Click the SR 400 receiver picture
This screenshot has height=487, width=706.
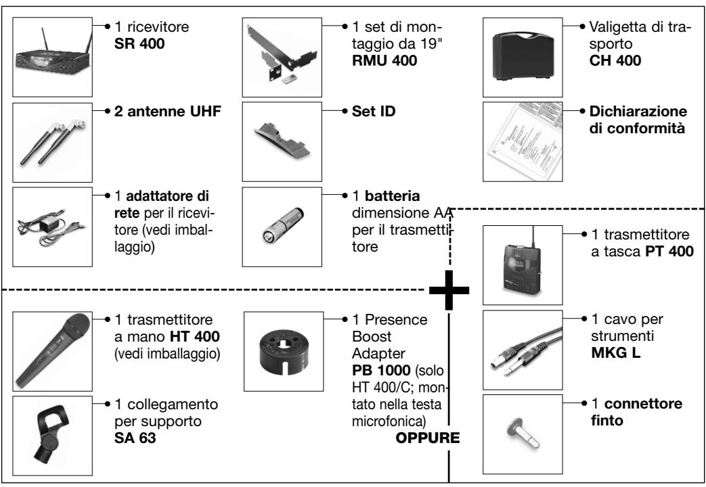[53, 57]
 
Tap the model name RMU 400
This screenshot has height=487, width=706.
[384, 60]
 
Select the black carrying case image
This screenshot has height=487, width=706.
[523, 57]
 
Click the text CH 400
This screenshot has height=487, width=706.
[615, 60]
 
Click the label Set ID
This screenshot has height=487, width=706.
[374, 111]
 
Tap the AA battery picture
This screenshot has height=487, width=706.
[283, 225]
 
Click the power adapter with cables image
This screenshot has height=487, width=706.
[49, 227]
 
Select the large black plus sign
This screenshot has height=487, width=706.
[449, 290]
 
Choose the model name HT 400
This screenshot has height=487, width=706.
[194, 336]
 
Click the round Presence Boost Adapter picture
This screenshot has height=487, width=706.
[283, 350]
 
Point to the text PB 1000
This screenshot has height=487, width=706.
[381, 371]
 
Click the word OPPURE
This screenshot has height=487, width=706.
[428, 438]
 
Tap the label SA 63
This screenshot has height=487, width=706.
[135, 438]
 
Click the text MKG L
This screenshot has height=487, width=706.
[615, 353]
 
